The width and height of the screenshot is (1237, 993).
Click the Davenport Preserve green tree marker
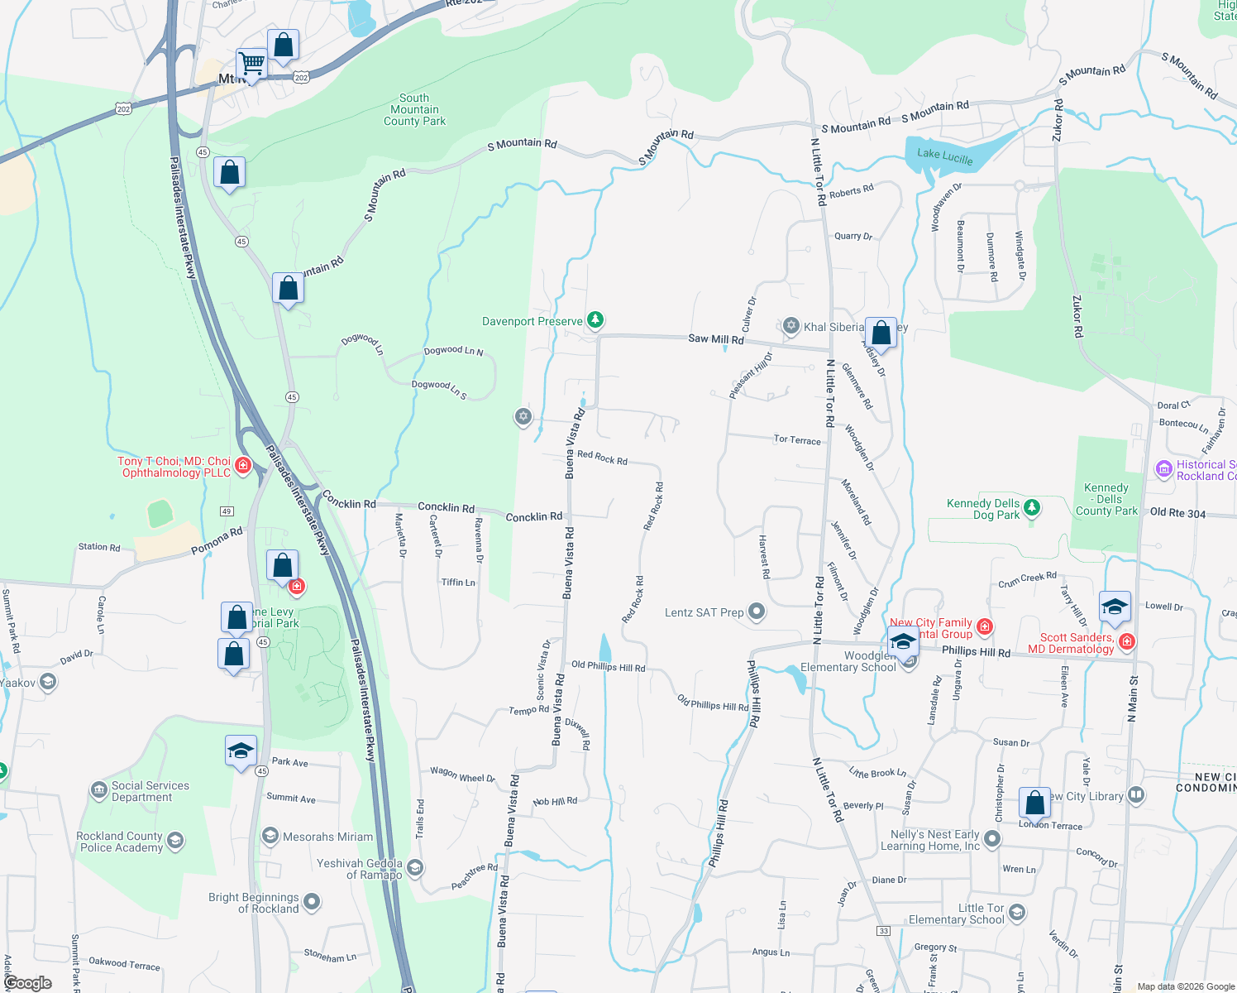tap(595, 320)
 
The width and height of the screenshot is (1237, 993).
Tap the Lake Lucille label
tap(945, 156)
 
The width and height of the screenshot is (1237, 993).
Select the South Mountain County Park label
tap(414, 109)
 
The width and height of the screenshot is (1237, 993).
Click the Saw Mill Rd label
tap(716, 338)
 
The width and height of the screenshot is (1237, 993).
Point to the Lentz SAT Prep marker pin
tap(757, 612)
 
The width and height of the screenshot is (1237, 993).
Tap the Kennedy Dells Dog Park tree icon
tap(1032, 507)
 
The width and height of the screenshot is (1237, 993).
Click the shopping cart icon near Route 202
tap(251, 63)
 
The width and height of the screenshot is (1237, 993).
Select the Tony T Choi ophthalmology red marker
tap(243, 465)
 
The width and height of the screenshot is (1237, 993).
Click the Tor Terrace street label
tap(797, 439)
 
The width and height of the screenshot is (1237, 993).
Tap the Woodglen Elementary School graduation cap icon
tap(903, 641)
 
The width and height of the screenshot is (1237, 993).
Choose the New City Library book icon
tap(1136, 796)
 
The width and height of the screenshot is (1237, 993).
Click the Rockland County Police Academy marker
tap(174, 842)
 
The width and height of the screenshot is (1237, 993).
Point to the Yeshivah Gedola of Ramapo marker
tap(415, 868)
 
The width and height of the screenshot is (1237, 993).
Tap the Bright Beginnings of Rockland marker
tap(312, 902)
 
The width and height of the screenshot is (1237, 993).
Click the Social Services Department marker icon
tap(99, 790)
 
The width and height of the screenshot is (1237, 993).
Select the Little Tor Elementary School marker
tap(1017, 913)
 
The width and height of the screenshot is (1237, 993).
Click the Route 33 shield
tap(884, 931)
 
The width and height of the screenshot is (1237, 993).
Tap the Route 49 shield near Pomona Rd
tap(227, 511)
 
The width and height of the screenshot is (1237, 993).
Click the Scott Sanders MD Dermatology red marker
tap(1126, 642)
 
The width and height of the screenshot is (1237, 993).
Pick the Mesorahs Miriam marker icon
tap(270, 836)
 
